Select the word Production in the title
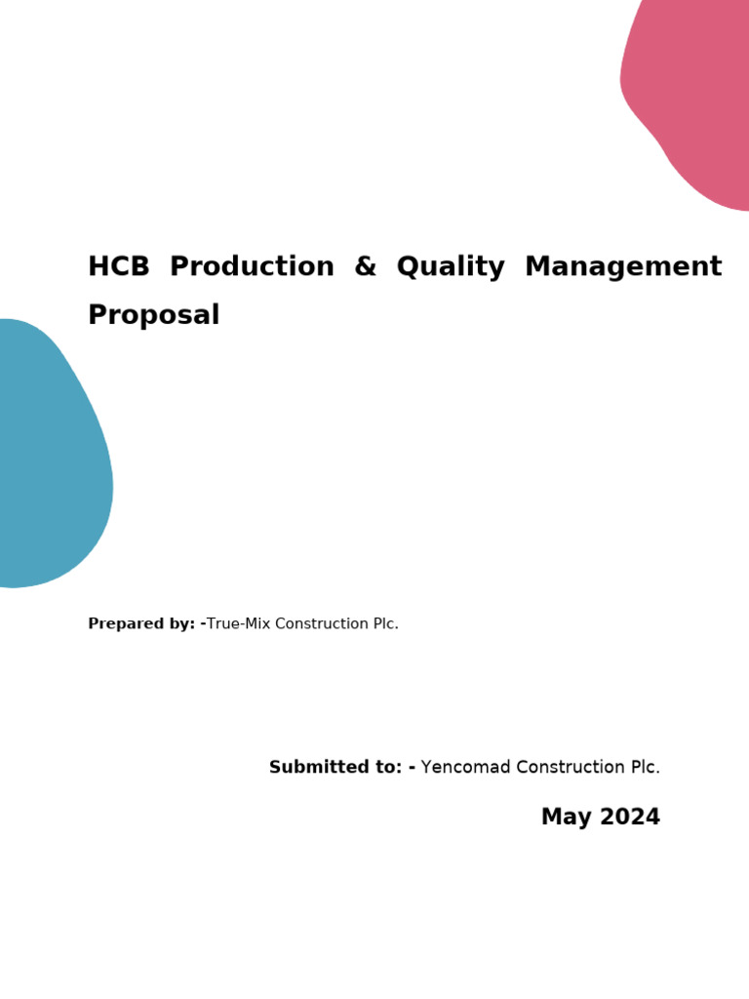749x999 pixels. [252, 266]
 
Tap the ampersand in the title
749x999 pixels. [365, 266]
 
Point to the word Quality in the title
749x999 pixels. [451, 267]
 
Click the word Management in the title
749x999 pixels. [623, 266]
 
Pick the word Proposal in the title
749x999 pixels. [153, 315]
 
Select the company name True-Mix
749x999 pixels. [238, 624]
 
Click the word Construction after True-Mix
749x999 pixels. [321, 624]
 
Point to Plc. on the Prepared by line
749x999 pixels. [384, 624]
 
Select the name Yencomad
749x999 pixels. [465, 768]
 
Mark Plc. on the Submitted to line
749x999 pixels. [644, 768]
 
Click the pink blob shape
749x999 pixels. [694, 98]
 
